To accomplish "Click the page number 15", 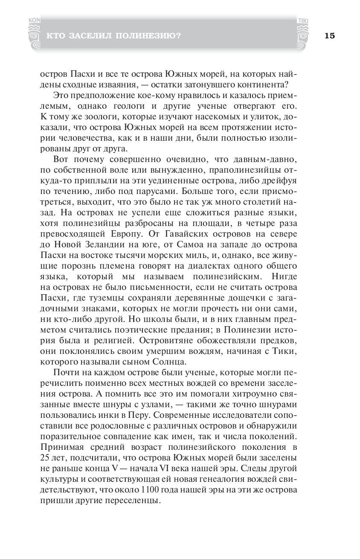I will pos(329,36).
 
